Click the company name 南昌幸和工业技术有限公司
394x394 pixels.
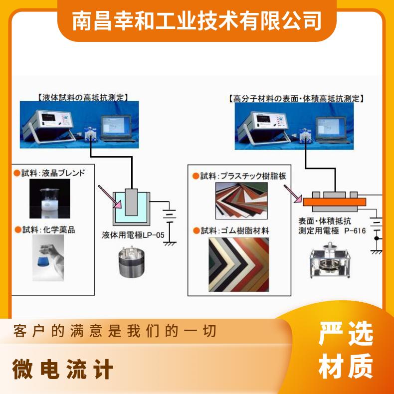click(197, 21)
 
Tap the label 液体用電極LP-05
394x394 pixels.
click(133, 235)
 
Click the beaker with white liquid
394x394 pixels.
click(50, 198)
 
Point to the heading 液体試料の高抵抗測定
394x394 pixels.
click(83, 97)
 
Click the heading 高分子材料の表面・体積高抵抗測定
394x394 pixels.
click(296, 99)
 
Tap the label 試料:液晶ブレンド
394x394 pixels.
click(49, 173)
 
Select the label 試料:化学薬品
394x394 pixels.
click(45, 229)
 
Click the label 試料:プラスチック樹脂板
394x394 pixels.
click(239, 176)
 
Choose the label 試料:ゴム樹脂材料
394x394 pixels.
click(231, 231)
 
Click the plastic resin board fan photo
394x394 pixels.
click(241, 200)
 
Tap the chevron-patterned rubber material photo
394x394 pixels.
click(239, 265)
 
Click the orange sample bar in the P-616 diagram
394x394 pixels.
click(335, 202)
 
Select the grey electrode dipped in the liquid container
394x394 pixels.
click(132, 202)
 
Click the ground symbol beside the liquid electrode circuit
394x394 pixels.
click(170, 243)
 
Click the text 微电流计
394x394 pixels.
click(62, 369)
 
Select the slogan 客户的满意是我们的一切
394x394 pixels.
click(115, 331)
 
